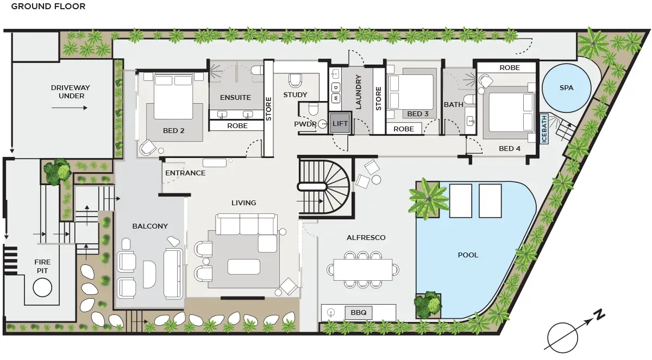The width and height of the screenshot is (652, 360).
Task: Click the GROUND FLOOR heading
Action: click(x=48, y=7)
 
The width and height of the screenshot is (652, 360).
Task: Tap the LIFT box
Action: click(x=340, y=123)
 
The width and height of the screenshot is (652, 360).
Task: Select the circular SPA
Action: click(x=566, y=87)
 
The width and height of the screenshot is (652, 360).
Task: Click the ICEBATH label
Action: click(x=544, y=129)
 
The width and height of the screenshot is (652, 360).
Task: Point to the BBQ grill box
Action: click(x=358, y=313)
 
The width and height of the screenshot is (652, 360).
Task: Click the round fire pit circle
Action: click(x=42, y=287)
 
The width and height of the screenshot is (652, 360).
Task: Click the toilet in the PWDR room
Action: click(x=313, y=109)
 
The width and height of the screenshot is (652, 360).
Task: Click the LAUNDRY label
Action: click(x=358, y=92)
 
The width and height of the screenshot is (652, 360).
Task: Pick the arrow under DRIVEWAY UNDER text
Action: click(x=70, y=108)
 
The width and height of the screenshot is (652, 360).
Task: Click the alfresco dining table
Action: click(x=363, y=269)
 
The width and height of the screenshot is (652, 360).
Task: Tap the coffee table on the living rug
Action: click(x=244, y=267)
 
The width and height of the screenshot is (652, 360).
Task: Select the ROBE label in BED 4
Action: click(x=510, y=68)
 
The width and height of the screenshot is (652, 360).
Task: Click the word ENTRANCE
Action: click(x=185, y=173)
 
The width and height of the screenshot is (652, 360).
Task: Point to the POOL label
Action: click(x=468, y=255)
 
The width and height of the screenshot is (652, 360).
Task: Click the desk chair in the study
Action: click(x=295, y=80)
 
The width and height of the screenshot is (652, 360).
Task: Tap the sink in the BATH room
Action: click(x=470, y=121)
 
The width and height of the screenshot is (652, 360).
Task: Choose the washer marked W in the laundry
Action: click(x=336, y=98)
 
